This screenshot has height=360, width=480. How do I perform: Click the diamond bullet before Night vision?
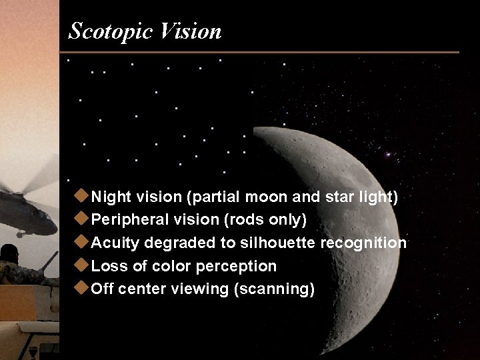82,196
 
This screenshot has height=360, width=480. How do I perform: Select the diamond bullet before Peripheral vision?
82,219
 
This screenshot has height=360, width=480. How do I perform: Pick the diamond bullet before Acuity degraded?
82,242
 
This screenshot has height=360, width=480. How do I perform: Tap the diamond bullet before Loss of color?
82,265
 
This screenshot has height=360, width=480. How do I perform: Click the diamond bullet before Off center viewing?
82,288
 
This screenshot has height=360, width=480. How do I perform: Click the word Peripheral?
127,220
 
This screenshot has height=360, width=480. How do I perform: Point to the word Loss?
107,266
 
